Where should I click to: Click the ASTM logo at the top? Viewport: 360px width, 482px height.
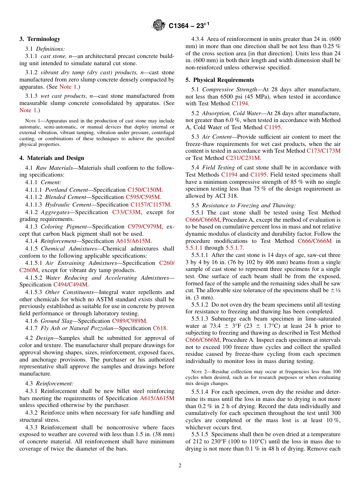click(x=158, y=25)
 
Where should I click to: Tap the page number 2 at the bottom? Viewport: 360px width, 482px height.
click(x=180, y=465)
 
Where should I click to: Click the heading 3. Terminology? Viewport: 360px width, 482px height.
click(x=40, y=39)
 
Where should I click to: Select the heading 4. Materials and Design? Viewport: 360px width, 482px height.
click(x=52, y=158)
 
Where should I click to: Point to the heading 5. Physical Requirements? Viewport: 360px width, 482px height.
click(x=219, y=80)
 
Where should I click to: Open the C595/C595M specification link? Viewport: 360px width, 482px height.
click(x=143, y=197)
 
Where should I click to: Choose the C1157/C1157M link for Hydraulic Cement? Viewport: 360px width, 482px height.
click(x=150, y=205)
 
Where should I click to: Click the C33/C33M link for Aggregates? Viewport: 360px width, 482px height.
click(x=126, y=212)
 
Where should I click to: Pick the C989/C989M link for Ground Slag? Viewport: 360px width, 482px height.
click(x=129, y=321)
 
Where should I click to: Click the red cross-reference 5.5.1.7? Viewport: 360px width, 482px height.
click(x=235, y=248)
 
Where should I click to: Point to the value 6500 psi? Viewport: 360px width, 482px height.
click(x=217, y=97)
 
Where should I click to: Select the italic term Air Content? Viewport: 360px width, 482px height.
click(x=214, y=137)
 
